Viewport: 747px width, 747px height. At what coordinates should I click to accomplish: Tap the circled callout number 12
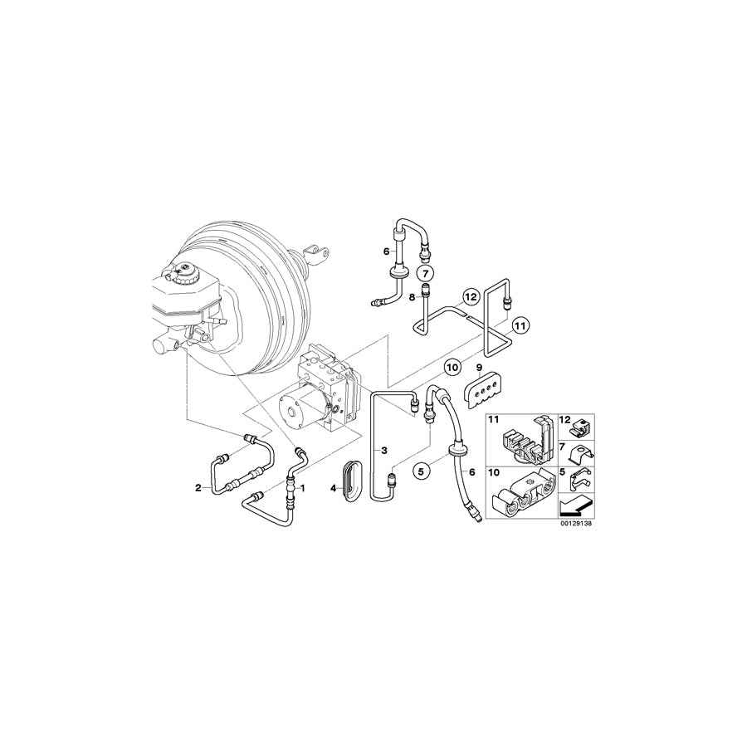coord(471,296)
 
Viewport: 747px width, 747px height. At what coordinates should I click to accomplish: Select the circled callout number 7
coord(423,272)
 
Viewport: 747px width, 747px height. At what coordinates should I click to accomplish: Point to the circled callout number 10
coord(452,364)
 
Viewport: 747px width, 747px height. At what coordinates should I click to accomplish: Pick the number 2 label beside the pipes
coord(198,487)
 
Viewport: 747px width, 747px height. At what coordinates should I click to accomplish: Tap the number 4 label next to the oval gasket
coord(334,488)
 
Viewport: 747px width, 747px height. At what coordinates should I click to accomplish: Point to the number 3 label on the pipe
coord(384,449)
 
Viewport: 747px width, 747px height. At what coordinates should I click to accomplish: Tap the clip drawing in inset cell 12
coord(580,425)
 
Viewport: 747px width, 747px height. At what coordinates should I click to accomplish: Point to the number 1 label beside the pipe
coord(303,489)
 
